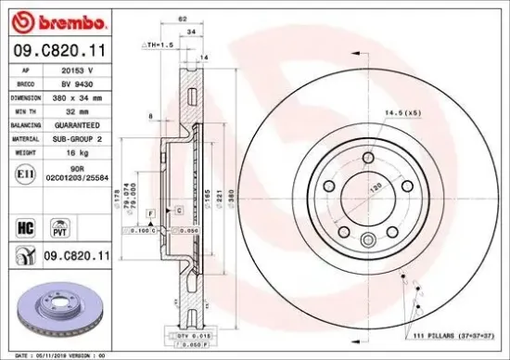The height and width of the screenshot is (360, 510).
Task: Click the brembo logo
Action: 45,19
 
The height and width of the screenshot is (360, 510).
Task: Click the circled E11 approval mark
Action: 25,172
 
